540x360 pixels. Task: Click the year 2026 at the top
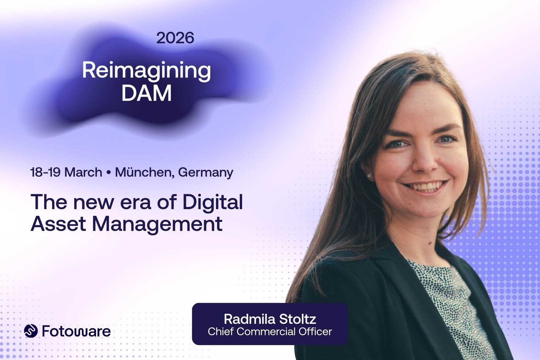(x=175, y=38)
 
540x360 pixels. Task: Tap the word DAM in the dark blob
(x=146, y=93)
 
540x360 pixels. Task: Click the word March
(x=83, y=172)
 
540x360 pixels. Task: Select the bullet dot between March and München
(x=108, y=173)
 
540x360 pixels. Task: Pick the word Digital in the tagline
(x=213, y=202)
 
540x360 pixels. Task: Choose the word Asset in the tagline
(x=58, y=224)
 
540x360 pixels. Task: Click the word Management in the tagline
(x=157, y=224)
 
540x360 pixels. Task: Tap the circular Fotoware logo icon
(x=31, y=331)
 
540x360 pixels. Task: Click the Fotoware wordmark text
(x=76, y=331)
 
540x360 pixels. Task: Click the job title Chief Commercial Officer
(x=270, y=332)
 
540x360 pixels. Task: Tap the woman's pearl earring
(x=369, y=176)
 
